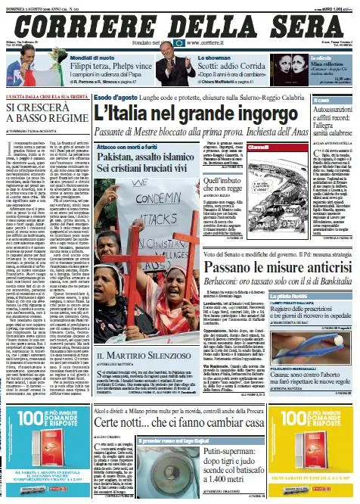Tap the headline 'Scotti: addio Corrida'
[233, 67]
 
